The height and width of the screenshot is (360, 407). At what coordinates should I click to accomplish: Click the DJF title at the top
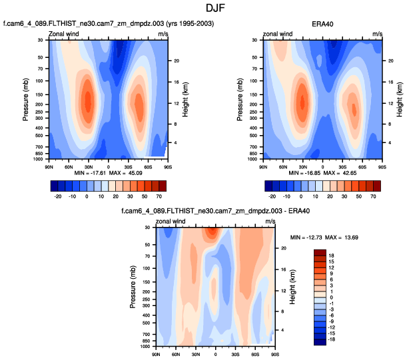[x=204, y=9]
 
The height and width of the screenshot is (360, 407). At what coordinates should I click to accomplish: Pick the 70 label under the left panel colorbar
[x=161, y=198]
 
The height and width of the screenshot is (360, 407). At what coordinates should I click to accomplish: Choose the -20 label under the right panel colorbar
[x=272, y=198]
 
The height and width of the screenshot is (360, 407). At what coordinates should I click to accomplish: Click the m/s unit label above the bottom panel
[x=270, y=221]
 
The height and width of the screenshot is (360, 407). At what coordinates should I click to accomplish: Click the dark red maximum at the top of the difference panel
[x=212, y=232]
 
